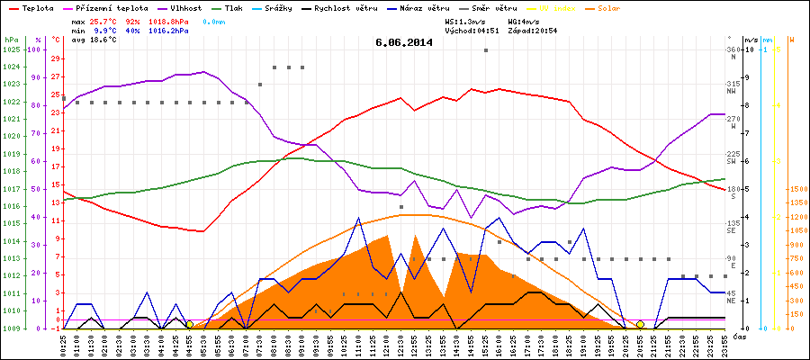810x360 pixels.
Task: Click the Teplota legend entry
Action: (36, 7)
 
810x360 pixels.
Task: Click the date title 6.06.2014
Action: (404, 41)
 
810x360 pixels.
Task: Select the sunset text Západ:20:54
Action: (536, 31)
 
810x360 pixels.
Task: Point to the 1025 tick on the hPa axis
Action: (12, 49)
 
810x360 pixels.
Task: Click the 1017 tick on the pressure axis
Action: (12, 189)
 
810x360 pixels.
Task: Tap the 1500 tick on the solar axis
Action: (798, 189)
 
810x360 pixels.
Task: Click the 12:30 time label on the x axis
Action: (401, 344)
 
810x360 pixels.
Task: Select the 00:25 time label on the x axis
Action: (63, 344)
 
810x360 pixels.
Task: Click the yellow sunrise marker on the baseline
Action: (189, 324)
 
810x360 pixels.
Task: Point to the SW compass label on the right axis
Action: (733, 162)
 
